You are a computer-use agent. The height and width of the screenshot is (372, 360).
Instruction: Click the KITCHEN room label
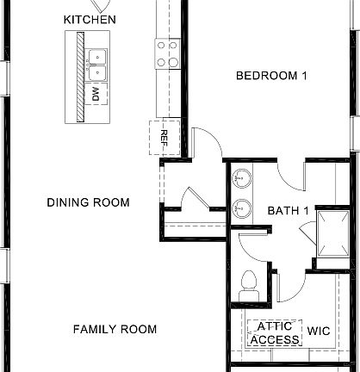pyautogui.click(x=90, y=19)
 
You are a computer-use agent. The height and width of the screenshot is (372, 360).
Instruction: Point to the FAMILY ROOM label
pyautogui.click(x=115, y=329)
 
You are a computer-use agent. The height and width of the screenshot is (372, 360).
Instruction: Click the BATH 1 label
pyautogui.click(x=289, y=210)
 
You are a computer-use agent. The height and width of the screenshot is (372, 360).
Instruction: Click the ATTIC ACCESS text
pyautogui.click(x=275, y=333)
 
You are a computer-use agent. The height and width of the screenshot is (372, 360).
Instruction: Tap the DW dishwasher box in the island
pyautogui.click(x=97, y=91)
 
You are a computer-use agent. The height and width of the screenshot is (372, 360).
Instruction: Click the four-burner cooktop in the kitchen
pyautogui.click(x=167, y=53)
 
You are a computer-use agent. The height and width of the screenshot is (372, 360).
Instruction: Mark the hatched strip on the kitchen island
pyautogui.click(x=79, y=77)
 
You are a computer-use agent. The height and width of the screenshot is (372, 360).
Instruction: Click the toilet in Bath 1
pyautogui.click(x=251, y=282)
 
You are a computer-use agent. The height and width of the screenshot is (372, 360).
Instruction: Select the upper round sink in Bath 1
pyautogui.click(x=243, y=179)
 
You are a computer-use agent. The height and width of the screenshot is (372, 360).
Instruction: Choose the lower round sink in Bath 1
pyautogui.click(x=243, y=208)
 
